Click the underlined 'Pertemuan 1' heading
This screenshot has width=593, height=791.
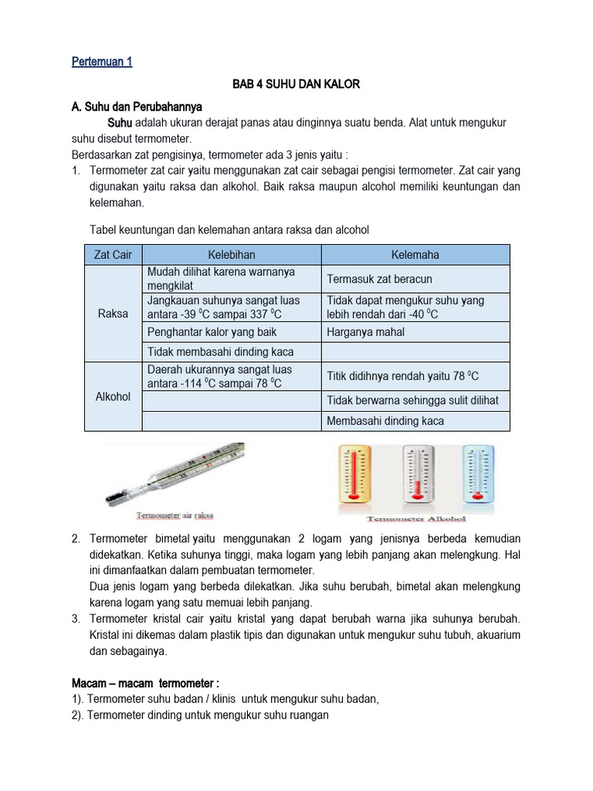pos(102,62)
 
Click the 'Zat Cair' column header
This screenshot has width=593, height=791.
pos(113,255)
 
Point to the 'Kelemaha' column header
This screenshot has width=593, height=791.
pos(415,255)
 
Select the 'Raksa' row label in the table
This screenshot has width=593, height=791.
pos(113,314)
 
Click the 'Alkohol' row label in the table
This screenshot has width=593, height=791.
pos(113,396)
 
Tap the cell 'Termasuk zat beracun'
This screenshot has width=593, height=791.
pos(379,279)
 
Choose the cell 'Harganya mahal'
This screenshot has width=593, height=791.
pos(365,332)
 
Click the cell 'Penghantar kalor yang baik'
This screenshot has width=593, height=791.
pos(212,332)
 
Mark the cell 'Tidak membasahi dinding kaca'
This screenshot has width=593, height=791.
pos(220,352)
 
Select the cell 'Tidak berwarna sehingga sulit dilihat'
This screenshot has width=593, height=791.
pos(412,400)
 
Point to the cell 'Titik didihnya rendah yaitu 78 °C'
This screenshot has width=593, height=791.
pos(403,376)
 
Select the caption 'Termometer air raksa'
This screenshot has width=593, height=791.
pos(175,515)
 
